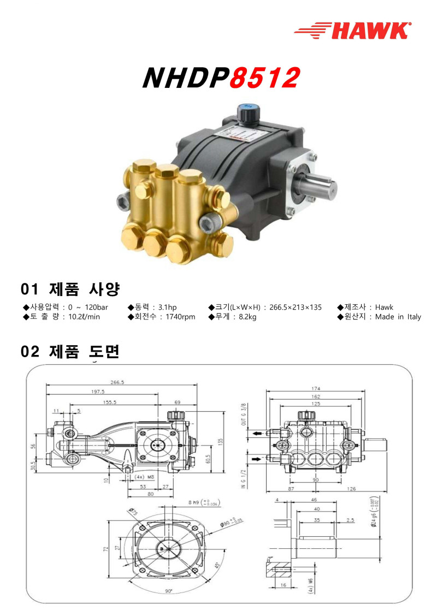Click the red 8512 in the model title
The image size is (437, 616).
(264, 79)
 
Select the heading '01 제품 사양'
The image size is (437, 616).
(70, 288)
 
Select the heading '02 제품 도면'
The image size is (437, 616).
(70, 352)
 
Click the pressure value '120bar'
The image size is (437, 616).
(96, 307)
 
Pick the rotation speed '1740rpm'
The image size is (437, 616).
(180, 317)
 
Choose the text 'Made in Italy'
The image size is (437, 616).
(398, 317)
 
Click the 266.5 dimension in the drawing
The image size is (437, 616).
(117, 383)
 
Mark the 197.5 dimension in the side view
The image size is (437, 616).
(98, 392)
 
